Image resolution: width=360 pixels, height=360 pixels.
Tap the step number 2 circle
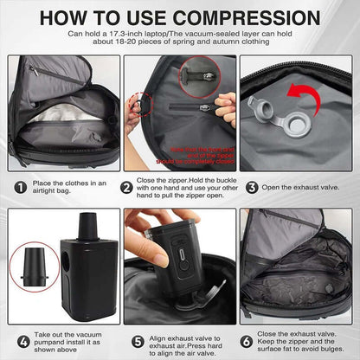click(128, 186)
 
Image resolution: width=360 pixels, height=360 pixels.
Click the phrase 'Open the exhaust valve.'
click(299, 186)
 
